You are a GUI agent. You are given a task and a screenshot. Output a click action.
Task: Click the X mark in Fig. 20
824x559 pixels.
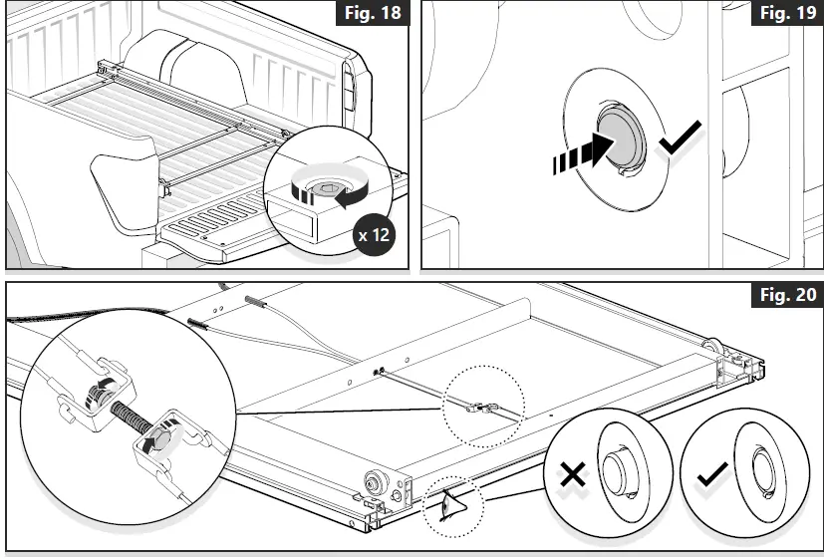(572, 475)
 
